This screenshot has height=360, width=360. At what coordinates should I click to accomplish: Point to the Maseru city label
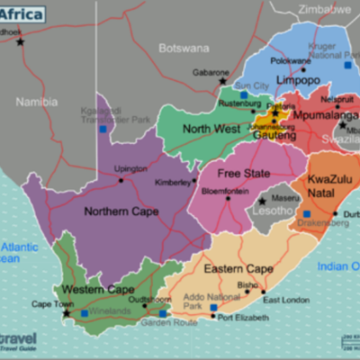(x=285, y=198)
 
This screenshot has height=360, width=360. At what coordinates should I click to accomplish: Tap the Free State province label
(x=243, y=173)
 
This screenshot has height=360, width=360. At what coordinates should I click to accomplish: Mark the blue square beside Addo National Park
(x=213, y=307)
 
